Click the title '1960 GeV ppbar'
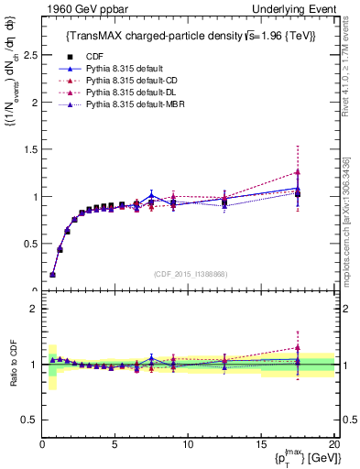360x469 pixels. click(73, 8)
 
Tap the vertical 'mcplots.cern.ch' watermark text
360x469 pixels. click(352, 229)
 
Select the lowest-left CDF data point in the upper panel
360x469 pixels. click(52, 274)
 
